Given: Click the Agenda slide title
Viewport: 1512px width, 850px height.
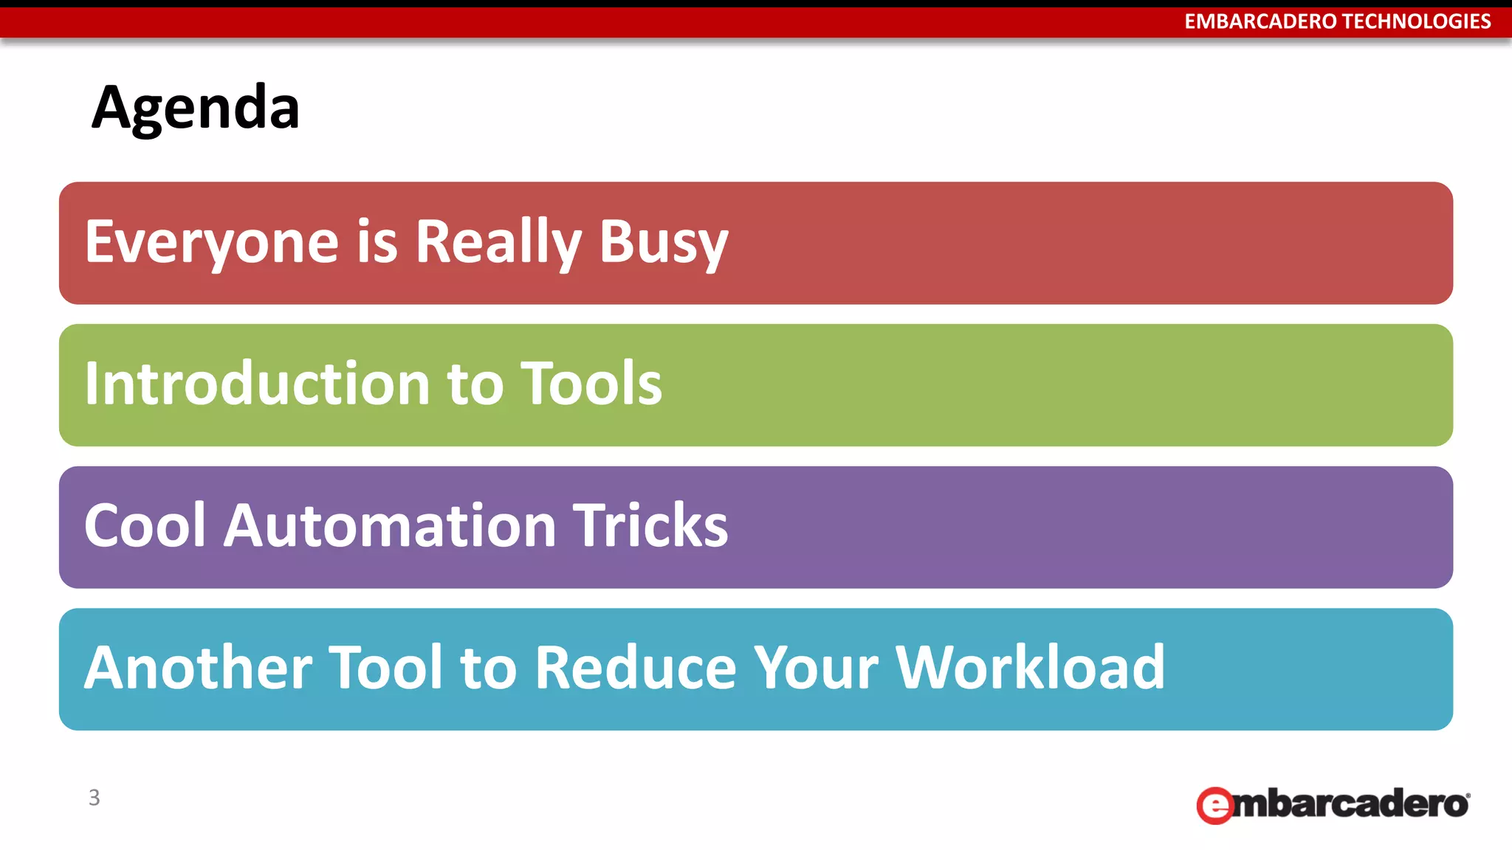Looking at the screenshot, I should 196,108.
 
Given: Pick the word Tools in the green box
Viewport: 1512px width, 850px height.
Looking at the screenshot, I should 591,384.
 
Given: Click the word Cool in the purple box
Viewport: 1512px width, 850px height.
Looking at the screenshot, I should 145,525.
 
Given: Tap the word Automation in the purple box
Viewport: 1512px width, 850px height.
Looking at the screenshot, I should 390,525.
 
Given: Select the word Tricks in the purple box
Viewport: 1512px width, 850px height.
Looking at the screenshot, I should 650,525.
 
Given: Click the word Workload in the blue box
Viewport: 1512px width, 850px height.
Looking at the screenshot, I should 1030,668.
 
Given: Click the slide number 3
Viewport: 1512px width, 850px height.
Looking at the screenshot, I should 94,798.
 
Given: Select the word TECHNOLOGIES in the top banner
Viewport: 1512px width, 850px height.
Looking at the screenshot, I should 1416,21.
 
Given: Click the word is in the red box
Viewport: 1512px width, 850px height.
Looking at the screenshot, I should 377,242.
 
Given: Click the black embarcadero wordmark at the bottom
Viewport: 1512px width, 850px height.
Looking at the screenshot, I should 1351,804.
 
